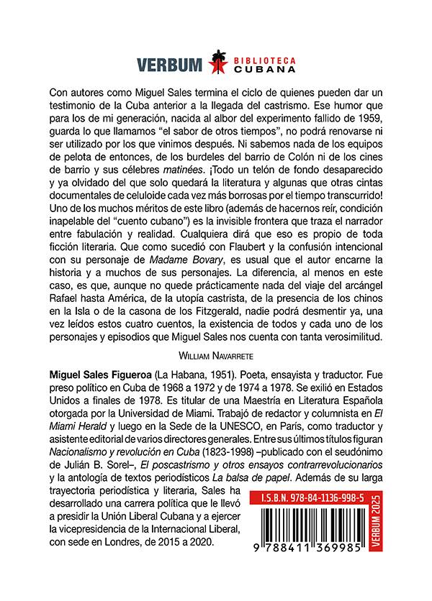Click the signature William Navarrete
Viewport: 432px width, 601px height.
click(215, 354)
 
